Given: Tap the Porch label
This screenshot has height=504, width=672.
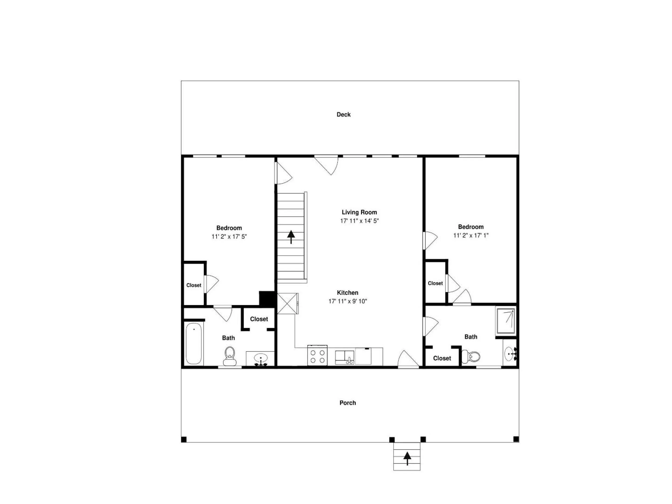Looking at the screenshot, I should pos(347,403).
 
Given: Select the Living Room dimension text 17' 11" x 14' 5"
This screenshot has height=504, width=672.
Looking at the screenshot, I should pos(359,221).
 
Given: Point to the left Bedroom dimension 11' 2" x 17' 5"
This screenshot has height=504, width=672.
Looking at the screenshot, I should pos(229,236).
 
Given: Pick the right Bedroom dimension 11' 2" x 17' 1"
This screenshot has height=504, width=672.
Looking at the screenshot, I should pos(471,235).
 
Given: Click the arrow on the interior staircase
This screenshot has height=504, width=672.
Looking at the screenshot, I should pos(291,237).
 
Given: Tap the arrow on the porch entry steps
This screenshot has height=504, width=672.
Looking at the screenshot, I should pos(407,458).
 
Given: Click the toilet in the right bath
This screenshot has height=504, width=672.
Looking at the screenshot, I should pos(471,356).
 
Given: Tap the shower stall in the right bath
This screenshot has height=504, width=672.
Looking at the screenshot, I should pos(506,322).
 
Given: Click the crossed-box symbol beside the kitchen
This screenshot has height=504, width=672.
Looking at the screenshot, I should pos(287,303).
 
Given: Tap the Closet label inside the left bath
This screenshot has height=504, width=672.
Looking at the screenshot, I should pos(259,319).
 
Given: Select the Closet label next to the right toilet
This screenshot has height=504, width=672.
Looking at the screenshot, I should pos(442,358).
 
